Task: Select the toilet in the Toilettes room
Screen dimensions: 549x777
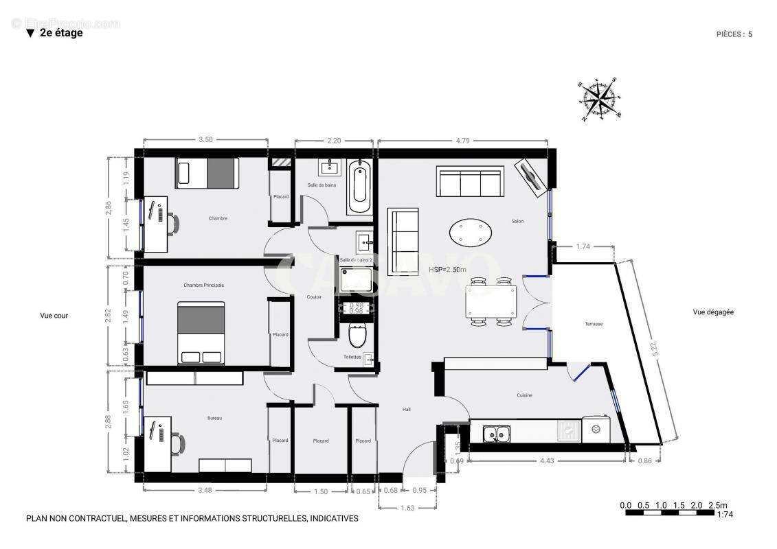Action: (357, 336)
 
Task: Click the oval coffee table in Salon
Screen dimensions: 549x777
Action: (471, 232)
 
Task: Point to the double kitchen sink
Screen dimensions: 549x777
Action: (496, 434)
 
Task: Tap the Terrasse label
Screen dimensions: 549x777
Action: (594, 324)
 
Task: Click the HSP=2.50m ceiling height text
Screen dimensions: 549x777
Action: (447, 270)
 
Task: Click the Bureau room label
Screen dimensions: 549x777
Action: (214, 418)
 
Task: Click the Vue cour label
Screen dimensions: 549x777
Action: (54, 316)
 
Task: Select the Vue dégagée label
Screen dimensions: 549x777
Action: (713, 312)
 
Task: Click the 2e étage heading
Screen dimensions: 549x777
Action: (60, 32)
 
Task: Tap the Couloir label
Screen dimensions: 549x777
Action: (314, 296)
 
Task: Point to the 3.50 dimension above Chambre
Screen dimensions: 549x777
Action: (205, 140)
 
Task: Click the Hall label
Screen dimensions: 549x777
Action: (406, 410)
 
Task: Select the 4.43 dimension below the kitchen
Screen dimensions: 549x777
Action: (547, 460)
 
